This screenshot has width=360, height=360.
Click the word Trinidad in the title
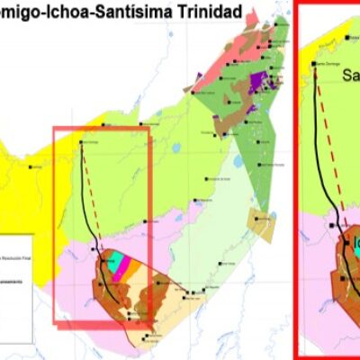tap(209, 13)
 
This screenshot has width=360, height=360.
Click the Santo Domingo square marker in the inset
tap(316, 65)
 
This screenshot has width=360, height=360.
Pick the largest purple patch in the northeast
tap(259, 80)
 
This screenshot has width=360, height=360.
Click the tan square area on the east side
tap(261, 225)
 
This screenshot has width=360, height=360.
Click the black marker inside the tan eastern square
tap(259, 217)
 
